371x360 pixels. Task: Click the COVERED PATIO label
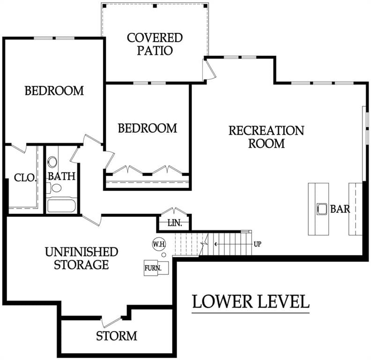(x=155, y=44)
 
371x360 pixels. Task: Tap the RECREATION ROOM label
(x=266, y=137)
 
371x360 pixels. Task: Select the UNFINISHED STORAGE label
(x=82, y=258)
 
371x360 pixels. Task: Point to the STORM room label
(x=117, y=336)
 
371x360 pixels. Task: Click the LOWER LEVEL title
(x=251, y=301)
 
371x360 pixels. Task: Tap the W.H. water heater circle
(x=159, y=244)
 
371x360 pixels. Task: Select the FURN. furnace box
(x=156, y=268)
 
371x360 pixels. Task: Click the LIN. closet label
(x=175, y=223)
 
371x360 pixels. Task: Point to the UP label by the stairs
(x=258, y=244)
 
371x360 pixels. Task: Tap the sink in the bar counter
(x=322, y=209)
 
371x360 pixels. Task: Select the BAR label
(x=340, y=209)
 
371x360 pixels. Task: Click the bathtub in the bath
(x=61, y=206)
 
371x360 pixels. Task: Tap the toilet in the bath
(x=54, y=188)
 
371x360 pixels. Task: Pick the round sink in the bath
(x=52, y=162)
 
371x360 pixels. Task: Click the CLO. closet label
(x=25, y=178)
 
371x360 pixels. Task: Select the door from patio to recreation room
(x=209, y=69)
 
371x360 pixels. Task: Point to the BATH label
(x=61, y=176)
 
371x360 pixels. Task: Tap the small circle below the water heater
(x=163, y=255)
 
